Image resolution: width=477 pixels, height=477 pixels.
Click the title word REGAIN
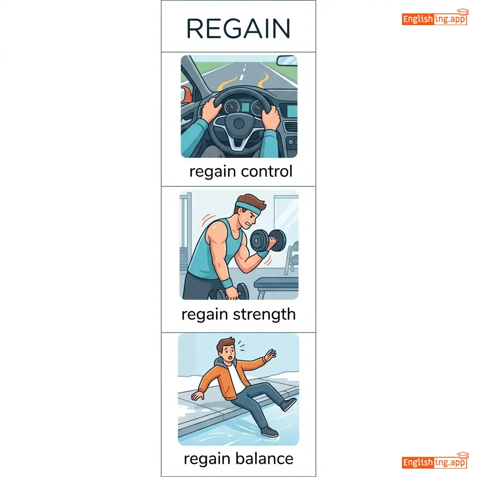[x=238, y=28]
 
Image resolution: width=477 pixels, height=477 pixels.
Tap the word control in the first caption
[x=266, y=171]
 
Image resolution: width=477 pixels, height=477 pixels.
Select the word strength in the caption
[x=265, y=314]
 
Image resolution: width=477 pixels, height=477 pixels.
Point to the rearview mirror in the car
[x=286, y=60]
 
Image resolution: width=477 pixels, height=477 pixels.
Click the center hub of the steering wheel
[x=239, y=123]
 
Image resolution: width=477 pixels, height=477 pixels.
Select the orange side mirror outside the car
[x=186, y=94]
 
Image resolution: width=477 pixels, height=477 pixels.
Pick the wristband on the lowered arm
[x=226, y=283]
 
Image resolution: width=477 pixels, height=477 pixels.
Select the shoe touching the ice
[x=269, y=432]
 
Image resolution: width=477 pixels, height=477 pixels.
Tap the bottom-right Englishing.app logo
[x=435, y=461]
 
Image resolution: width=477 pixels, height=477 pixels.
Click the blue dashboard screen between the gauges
[x=245, y=108]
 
